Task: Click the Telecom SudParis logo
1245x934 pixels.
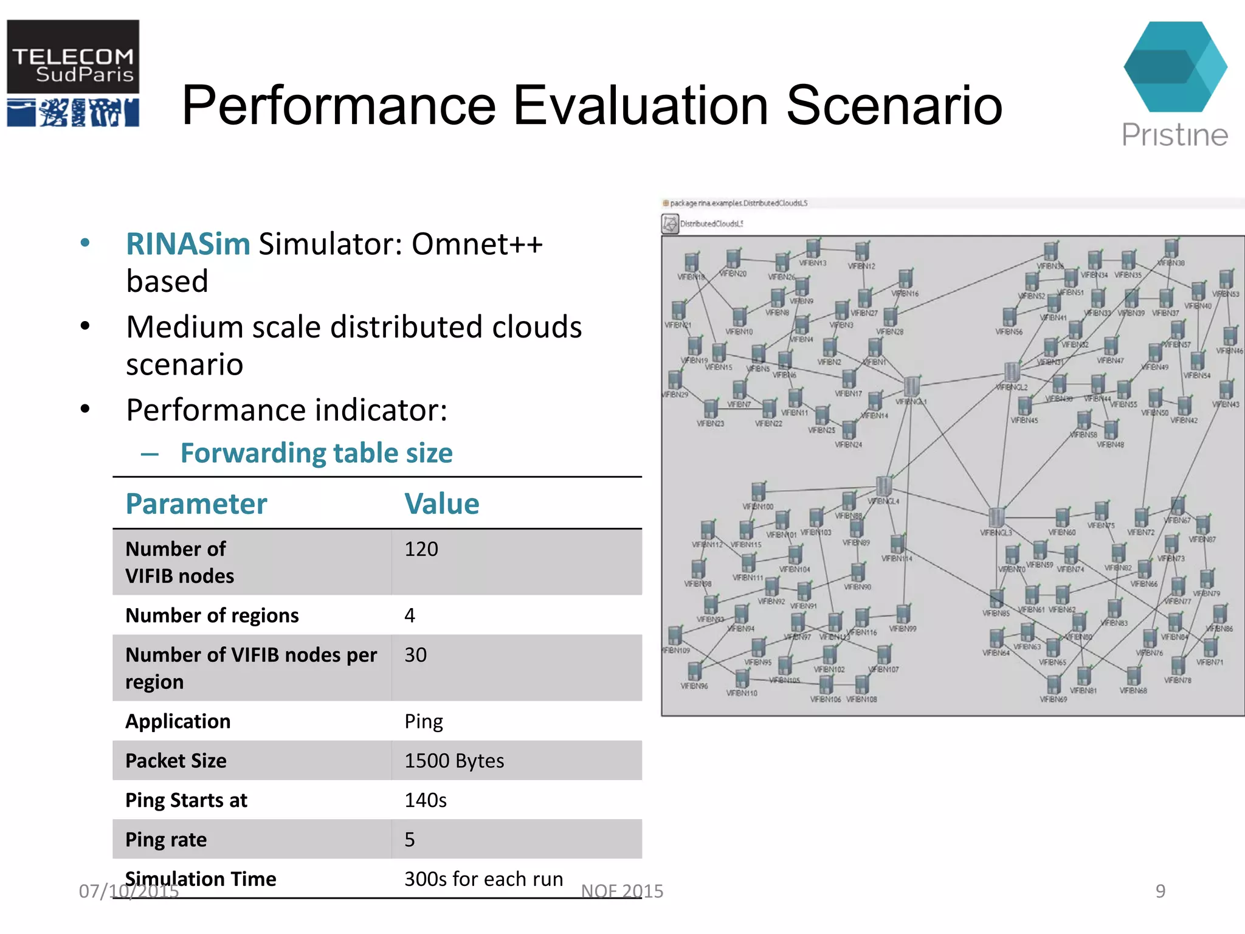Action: (73, 73)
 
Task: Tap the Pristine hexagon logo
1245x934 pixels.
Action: (1174, 67)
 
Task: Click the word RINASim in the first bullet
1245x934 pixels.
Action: (188, 244)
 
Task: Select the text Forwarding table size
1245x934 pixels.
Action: (316, 453)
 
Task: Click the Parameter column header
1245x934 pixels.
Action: (196, 503)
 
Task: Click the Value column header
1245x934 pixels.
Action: (441, 503)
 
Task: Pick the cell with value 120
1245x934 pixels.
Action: (421, 549)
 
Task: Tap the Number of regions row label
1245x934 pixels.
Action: (212, 615)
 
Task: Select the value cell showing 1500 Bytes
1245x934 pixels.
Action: (454, 761)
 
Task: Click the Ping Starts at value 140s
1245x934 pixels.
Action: (426, 800)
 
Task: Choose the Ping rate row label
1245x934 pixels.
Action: (166, 840)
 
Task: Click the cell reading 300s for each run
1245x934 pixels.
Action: (483, 879)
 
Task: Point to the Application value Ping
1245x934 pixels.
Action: (424, 721)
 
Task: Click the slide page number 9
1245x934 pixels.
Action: (1160, 891)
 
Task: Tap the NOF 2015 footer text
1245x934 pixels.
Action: (622, 891)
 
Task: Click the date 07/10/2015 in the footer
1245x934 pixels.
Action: (129, 891)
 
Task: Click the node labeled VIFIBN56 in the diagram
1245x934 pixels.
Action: (1009, 317)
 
